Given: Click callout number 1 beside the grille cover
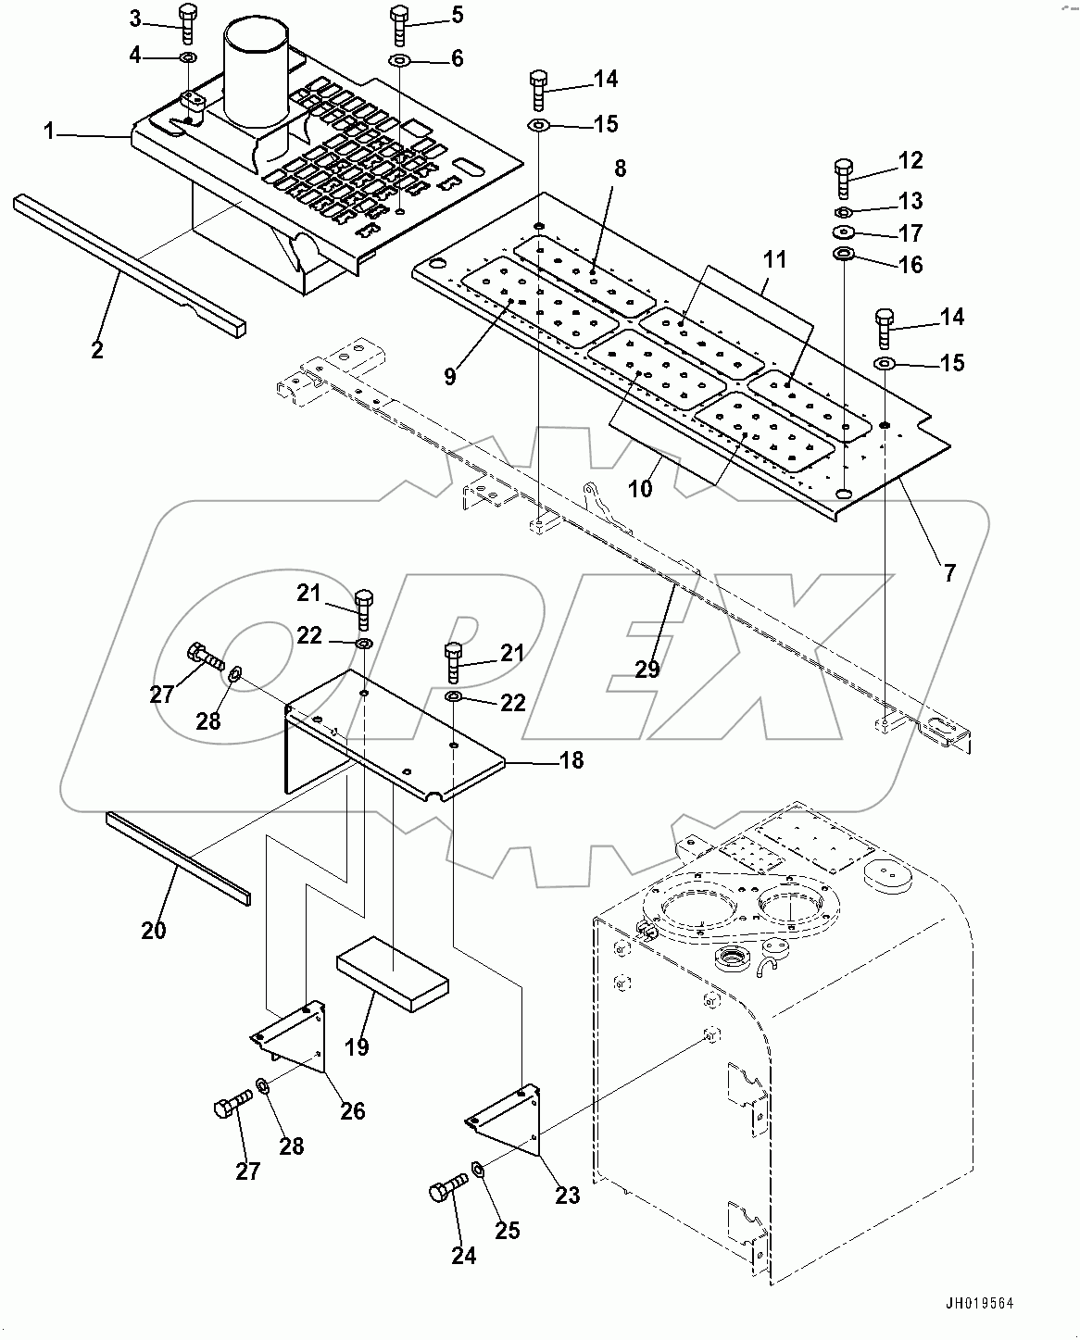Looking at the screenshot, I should pos(49,131).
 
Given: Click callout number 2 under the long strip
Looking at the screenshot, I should pos(96,350).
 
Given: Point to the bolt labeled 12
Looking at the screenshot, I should pos(844,176).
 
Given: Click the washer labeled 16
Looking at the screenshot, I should pos(845,255).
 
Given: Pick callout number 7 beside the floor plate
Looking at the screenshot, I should pos(949,573).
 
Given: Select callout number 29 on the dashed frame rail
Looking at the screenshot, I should pos(647,668).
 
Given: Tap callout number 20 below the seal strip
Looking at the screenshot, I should pos(154,929).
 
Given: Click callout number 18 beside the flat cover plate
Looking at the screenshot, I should pos(571,760).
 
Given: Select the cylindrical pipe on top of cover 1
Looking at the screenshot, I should pos(257,74).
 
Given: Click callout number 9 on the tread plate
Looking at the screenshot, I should pos(449,377).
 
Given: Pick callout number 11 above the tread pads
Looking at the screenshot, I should pos(774,260).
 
